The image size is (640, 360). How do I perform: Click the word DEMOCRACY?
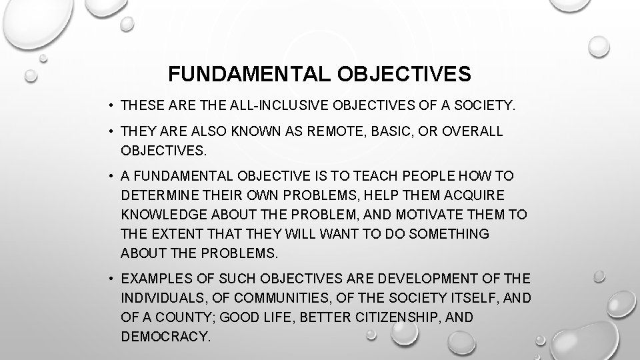pyautogui.click(x=165, y=337)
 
